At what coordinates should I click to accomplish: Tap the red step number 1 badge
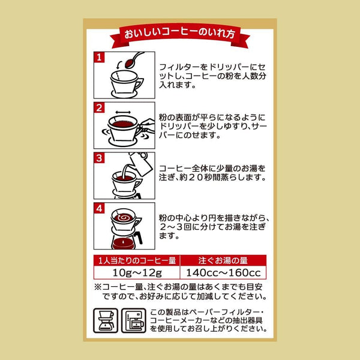[x=101, y=58]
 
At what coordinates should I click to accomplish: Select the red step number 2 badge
[x=101, y=108]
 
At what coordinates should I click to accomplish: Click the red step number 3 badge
[x=101, y=158]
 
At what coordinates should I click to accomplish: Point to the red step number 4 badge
[x=101, y=209]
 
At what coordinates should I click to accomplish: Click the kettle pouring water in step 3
[x=140, y=160]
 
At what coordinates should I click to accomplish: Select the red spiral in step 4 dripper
[x=124, y=217]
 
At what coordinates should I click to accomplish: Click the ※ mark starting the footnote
[x=98, y=286]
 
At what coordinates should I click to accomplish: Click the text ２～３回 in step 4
[x=178, y=229]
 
